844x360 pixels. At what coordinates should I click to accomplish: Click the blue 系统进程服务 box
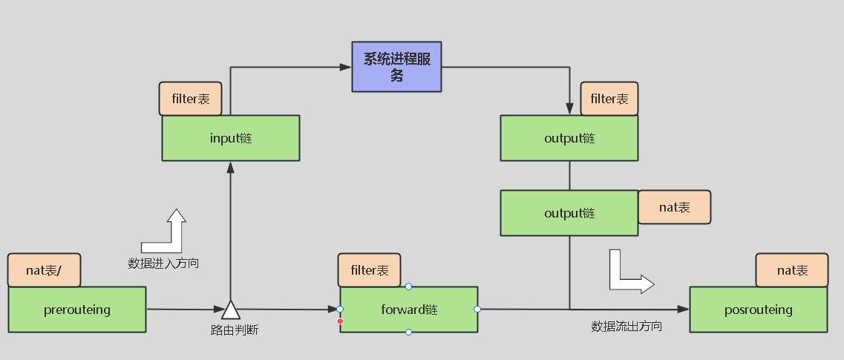(x=396, y=67)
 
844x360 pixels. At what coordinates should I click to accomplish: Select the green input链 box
(x=231, y=138)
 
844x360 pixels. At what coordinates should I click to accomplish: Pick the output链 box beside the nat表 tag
(x=569, y=213)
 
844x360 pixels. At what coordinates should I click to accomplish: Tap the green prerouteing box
(x=77, y=310)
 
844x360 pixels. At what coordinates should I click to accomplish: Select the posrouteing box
(x=758, y=310)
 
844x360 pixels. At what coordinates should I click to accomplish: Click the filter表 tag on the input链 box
(x=190, y=99)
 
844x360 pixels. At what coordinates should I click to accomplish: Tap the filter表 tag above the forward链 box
(x=369, y=271)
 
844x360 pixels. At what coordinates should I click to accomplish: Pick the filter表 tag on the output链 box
(x=609, y=99)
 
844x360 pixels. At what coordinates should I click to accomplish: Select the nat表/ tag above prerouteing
(x=44, y=270)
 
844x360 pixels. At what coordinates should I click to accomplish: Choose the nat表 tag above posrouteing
(x=792, y=270)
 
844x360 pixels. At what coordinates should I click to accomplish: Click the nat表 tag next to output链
(x=674, y=207)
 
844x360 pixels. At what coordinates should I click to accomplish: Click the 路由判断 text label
(x=235, y=330)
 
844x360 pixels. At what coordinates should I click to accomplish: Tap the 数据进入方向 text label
(x=163, y=263)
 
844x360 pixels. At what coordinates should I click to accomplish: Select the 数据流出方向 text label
(x=627, y=326)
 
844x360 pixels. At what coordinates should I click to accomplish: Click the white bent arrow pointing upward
(x=168, y=232)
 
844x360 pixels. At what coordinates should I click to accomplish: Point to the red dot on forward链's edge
(x=341, y=321)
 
